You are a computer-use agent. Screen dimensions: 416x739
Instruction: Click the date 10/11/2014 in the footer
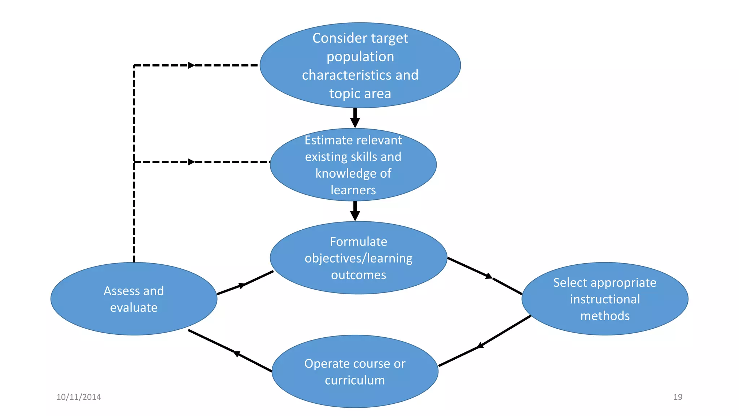[x=79, y=397]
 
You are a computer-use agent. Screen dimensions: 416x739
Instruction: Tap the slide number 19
[x=678, y=397]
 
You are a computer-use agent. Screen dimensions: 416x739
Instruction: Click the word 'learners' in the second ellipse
[x=353, y=190]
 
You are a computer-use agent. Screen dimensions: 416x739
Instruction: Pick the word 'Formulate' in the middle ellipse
[x=358, y=242]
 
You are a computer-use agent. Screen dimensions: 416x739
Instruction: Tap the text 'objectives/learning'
[x=358, y=258]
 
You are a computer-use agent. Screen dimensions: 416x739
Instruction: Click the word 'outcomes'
[x=358, y=275]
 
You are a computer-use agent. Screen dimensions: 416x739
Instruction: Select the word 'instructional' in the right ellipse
[x=605, y=299]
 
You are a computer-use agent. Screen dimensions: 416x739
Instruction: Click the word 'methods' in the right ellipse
[x=605, y=316]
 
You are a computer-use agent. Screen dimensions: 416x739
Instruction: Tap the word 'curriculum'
[x=355, y=380]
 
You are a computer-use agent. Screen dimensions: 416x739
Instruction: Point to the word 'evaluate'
[x=134, y=308]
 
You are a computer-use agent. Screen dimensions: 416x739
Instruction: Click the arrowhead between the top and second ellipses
[x=355, y=122]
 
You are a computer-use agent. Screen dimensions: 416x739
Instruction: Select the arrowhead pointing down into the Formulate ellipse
[x=355, y=216]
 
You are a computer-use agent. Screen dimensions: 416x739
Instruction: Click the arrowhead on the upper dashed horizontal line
[x=192, y=65]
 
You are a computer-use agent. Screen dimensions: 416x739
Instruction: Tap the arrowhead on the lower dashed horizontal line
[x=192, y=162]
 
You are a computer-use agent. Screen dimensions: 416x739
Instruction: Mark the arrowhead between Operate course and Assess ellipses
[x=237, y=354]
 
